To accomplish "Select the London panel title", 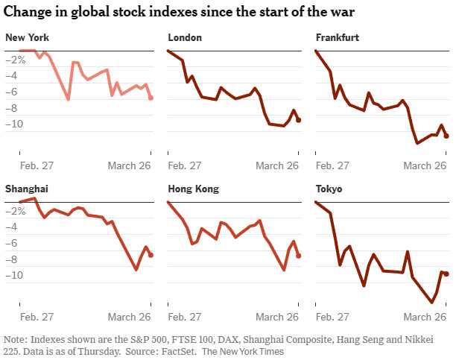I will click(x=186, y=37).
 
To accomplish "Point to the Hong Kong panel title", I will click(x=194, y=189).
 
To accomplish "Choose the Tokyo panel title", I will click(x=329, y=189).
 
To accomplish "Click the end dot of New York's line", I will click(x=151, y=98).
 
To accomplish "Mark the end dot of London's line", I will click(x=299, y=119).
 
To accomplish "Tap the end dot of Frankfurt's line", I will click(x=446, y=136).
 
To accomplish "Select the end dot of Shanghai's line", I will click(x=151, y=255).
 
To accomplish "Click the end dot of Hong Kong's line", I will click(x=299, y=256).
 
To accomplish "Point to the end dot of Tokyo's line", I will click(x=446, y=274).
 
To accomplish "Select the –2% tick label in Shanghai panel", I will click(x=16, y=212).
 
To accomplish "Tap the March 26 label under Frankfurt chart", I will click(x=425, y=166).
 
